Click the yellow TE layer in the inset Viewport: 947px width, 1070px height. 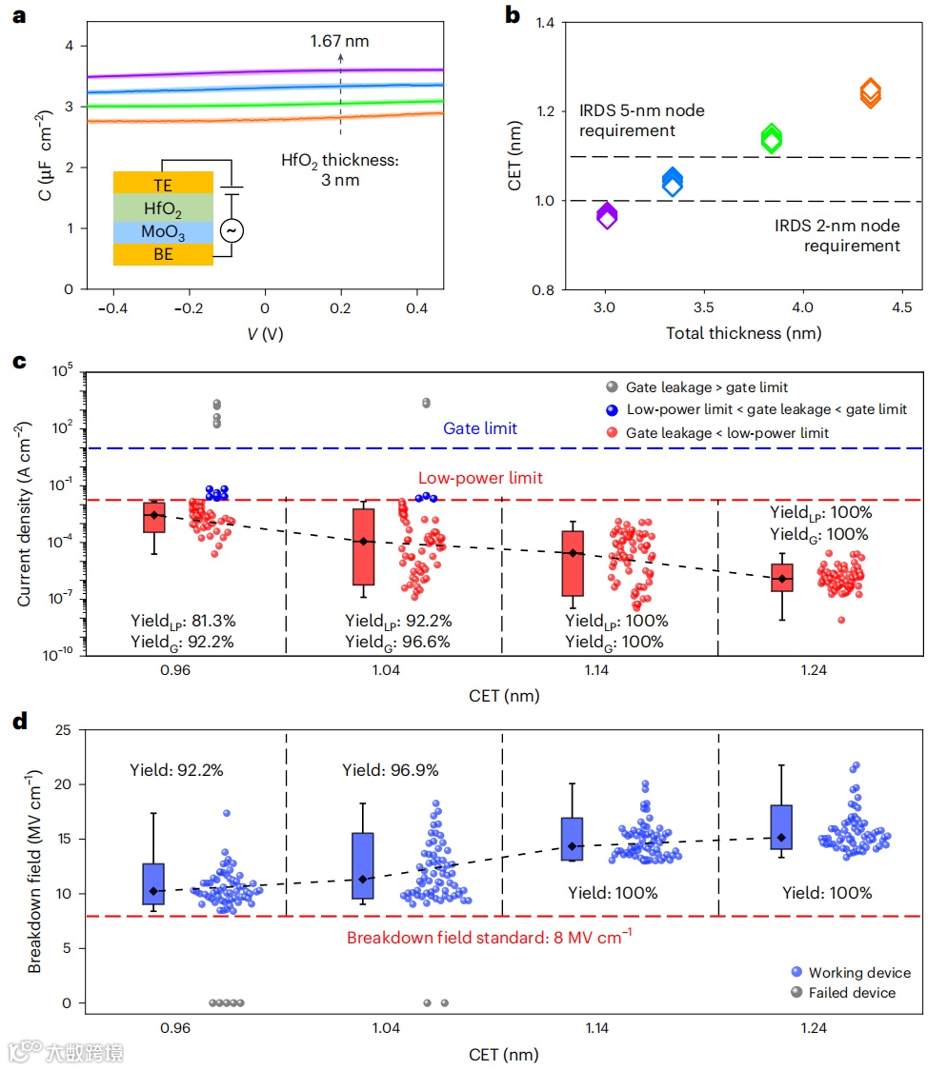(x=162, y=183)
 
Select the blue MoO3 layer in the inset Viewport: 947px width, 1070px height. (x=162, y=231)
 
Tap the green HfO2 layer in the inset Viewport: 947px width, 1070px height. (x=162, y=207)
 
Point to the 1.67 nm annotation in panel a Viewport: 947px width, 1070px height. (x=339, y=41)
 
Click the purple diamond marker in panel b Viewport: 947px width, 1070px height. (x=607, y=216)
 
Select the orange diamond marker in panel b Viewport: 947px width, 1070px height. (x=870, y=92)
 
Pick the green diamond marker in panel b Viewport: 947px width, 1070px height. (x=771, y=138)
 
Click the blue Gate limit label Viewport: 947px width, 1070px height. (x=480, y=428)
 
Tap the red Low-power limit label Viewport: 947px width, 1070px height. (x=481, y=478)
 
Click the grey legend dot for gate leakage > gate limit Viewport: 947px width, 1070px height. (x=611, y=386)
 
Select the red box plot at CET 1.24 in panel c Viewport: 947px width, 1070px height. (x=782, y=578)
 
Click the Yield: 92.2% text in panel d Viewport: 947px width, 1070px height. (x=176, y=770)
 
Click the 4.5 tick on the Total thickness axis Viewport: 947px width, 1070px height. (x=901, y=307)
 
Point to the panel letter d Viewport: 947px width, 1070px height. (x=17, y=721)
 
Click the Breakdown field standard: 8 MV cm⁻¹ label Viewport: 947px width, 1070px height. (x=490, y=938)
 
